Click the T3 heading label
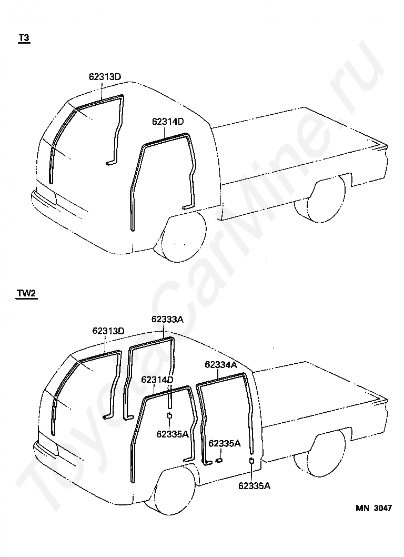[x=24, y=38]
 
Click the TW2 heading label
[x=26, y=294]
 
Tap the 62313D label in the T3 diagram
[x=105, y=77]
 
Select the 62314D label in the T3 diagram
[x=168, y=121]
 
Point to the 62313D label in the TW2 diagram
[x=108, y=331]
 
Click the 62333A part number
[x=167, y=319]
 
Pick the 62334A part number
[x=221, y=364]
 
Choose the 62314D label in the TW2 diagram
[x=157, y=379]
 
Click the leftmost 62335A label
[x=172, y=434]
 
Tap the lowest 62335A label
[x=254, y=485]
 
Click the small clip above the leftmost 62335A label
[x=169, y=417]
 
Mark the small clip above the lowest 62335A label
[x=252, y=462]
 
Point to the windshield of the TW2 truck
[x=74, y=392]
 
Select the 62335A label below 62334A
[x=225, y=443]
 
